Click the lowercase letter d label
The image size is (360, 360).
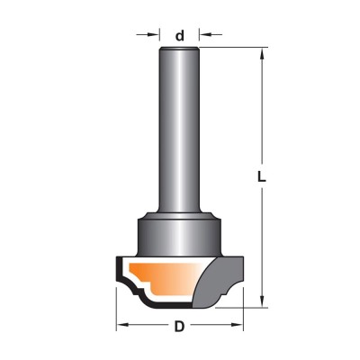(179, 36)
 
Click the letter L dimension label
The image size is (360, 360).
(262, 177)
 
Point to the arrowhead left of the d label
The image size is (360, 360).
(154, 34)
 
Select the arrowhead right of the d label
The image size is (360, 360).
(205, 34)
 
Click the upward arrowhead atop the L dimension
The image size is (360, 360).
(262, 54)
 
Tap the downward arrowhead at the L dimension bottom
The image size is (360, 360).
(262, 301)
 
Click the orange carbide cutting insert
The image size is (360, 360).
(162, 277)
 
